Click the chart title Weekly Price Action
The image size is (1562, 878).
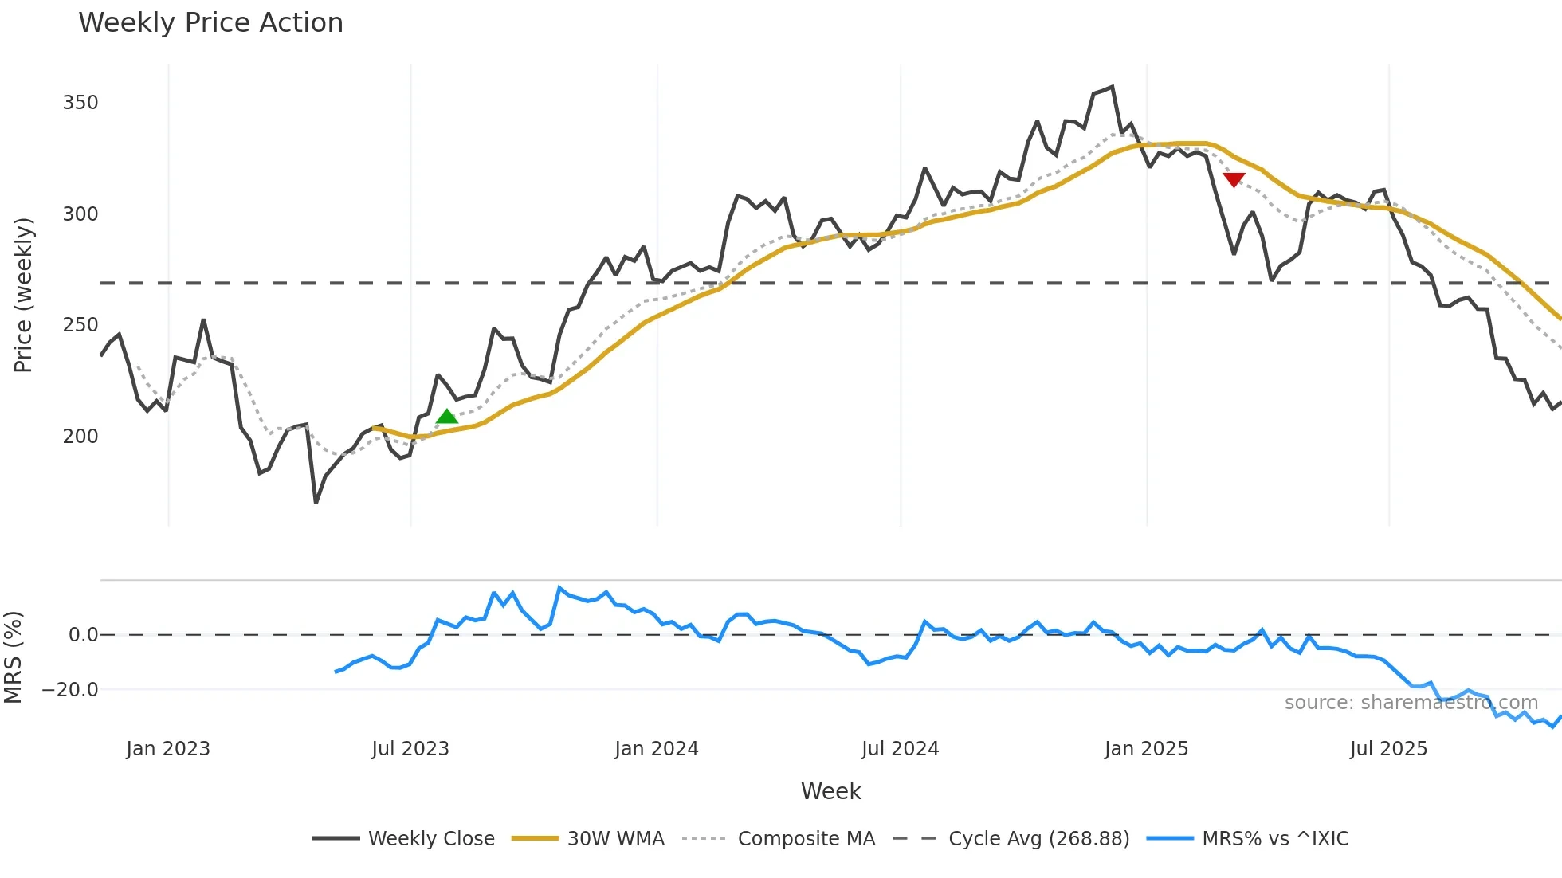coord(210,23)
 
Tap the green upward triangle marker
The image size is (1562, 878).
coord(447,417)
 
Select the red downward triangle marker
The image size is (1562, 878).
coord(1234,180)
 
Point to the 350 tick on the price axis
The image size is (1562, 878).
coord(80,103)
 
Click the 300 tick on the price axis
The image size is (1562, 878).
coord(80,214)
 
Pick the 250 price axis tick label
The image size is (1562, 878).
coord(80,325)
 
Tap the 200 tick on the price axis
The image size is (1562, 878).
coord(80,437)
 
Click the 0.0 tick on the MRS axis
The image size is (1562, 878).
coord(83,635)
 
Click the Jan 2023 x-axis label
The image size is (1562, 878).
coord(168,749)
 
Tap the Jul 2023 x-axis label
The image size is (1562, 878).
coord(410,749)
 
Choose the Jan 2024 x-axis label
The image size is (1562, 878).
coord(657,749)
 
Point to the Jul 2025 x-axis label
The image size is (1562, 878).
coord(1388,749)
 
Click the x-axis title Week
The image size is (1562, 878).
coord(830,791)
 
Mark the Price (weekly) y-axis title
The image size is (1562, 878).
coord(23,295)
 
